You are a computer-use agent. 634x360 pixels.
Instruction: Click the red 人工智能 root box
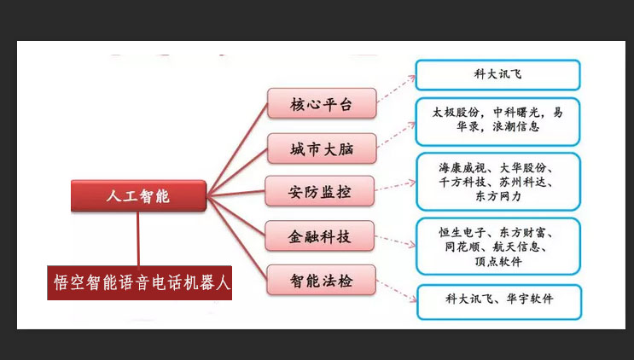click(139, 196)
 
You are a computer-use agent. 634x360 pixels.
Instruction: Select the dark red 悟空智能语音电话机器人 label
click(139, 283)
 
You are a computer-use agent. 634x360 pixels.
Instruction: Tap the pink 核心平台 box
click(322, 103)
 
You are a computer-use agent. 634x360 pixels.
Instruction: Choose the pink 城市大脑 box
click(322, 148)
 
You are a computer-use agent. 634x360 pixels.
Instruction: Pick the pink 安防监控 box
click(319, 191)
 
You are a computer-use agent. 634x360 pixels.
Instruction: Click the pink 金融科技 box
click(319, 236)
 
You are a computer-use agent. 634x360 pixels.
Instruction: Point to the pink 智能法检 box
click(321, 280)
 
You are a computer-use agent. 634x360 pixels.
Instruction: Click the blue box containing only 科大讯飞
click(497, 75)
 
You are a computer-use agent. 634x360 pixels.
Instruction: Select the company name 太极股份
click(456, 113)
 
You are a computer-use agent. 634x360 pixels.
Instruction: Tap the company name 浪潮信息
click(516, 126)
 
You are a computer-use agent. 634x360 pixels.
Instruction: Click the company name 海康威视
click(462, 168)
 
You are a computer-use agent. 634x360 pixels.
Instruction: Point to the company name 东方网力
click(498, 196)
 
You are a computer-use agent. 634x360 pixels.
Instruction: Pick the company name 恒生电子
click(462, 232)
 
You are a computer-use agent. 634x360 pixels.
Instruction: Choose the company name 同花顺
click(462, 247)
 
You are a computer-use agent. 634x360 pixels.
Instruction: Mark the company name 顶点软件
click(498, 261)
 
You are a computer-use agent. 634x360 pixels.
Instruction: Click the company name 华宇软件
click(529, 299)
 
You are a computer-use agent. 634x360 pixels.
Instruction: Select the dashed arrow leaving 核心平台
click(396, 89)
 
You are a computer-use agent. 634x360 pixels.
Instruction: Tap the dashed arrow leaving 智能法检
click(397, 291)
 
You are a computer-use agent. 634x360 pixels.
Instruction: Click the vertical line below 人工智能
click(138, 238)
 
